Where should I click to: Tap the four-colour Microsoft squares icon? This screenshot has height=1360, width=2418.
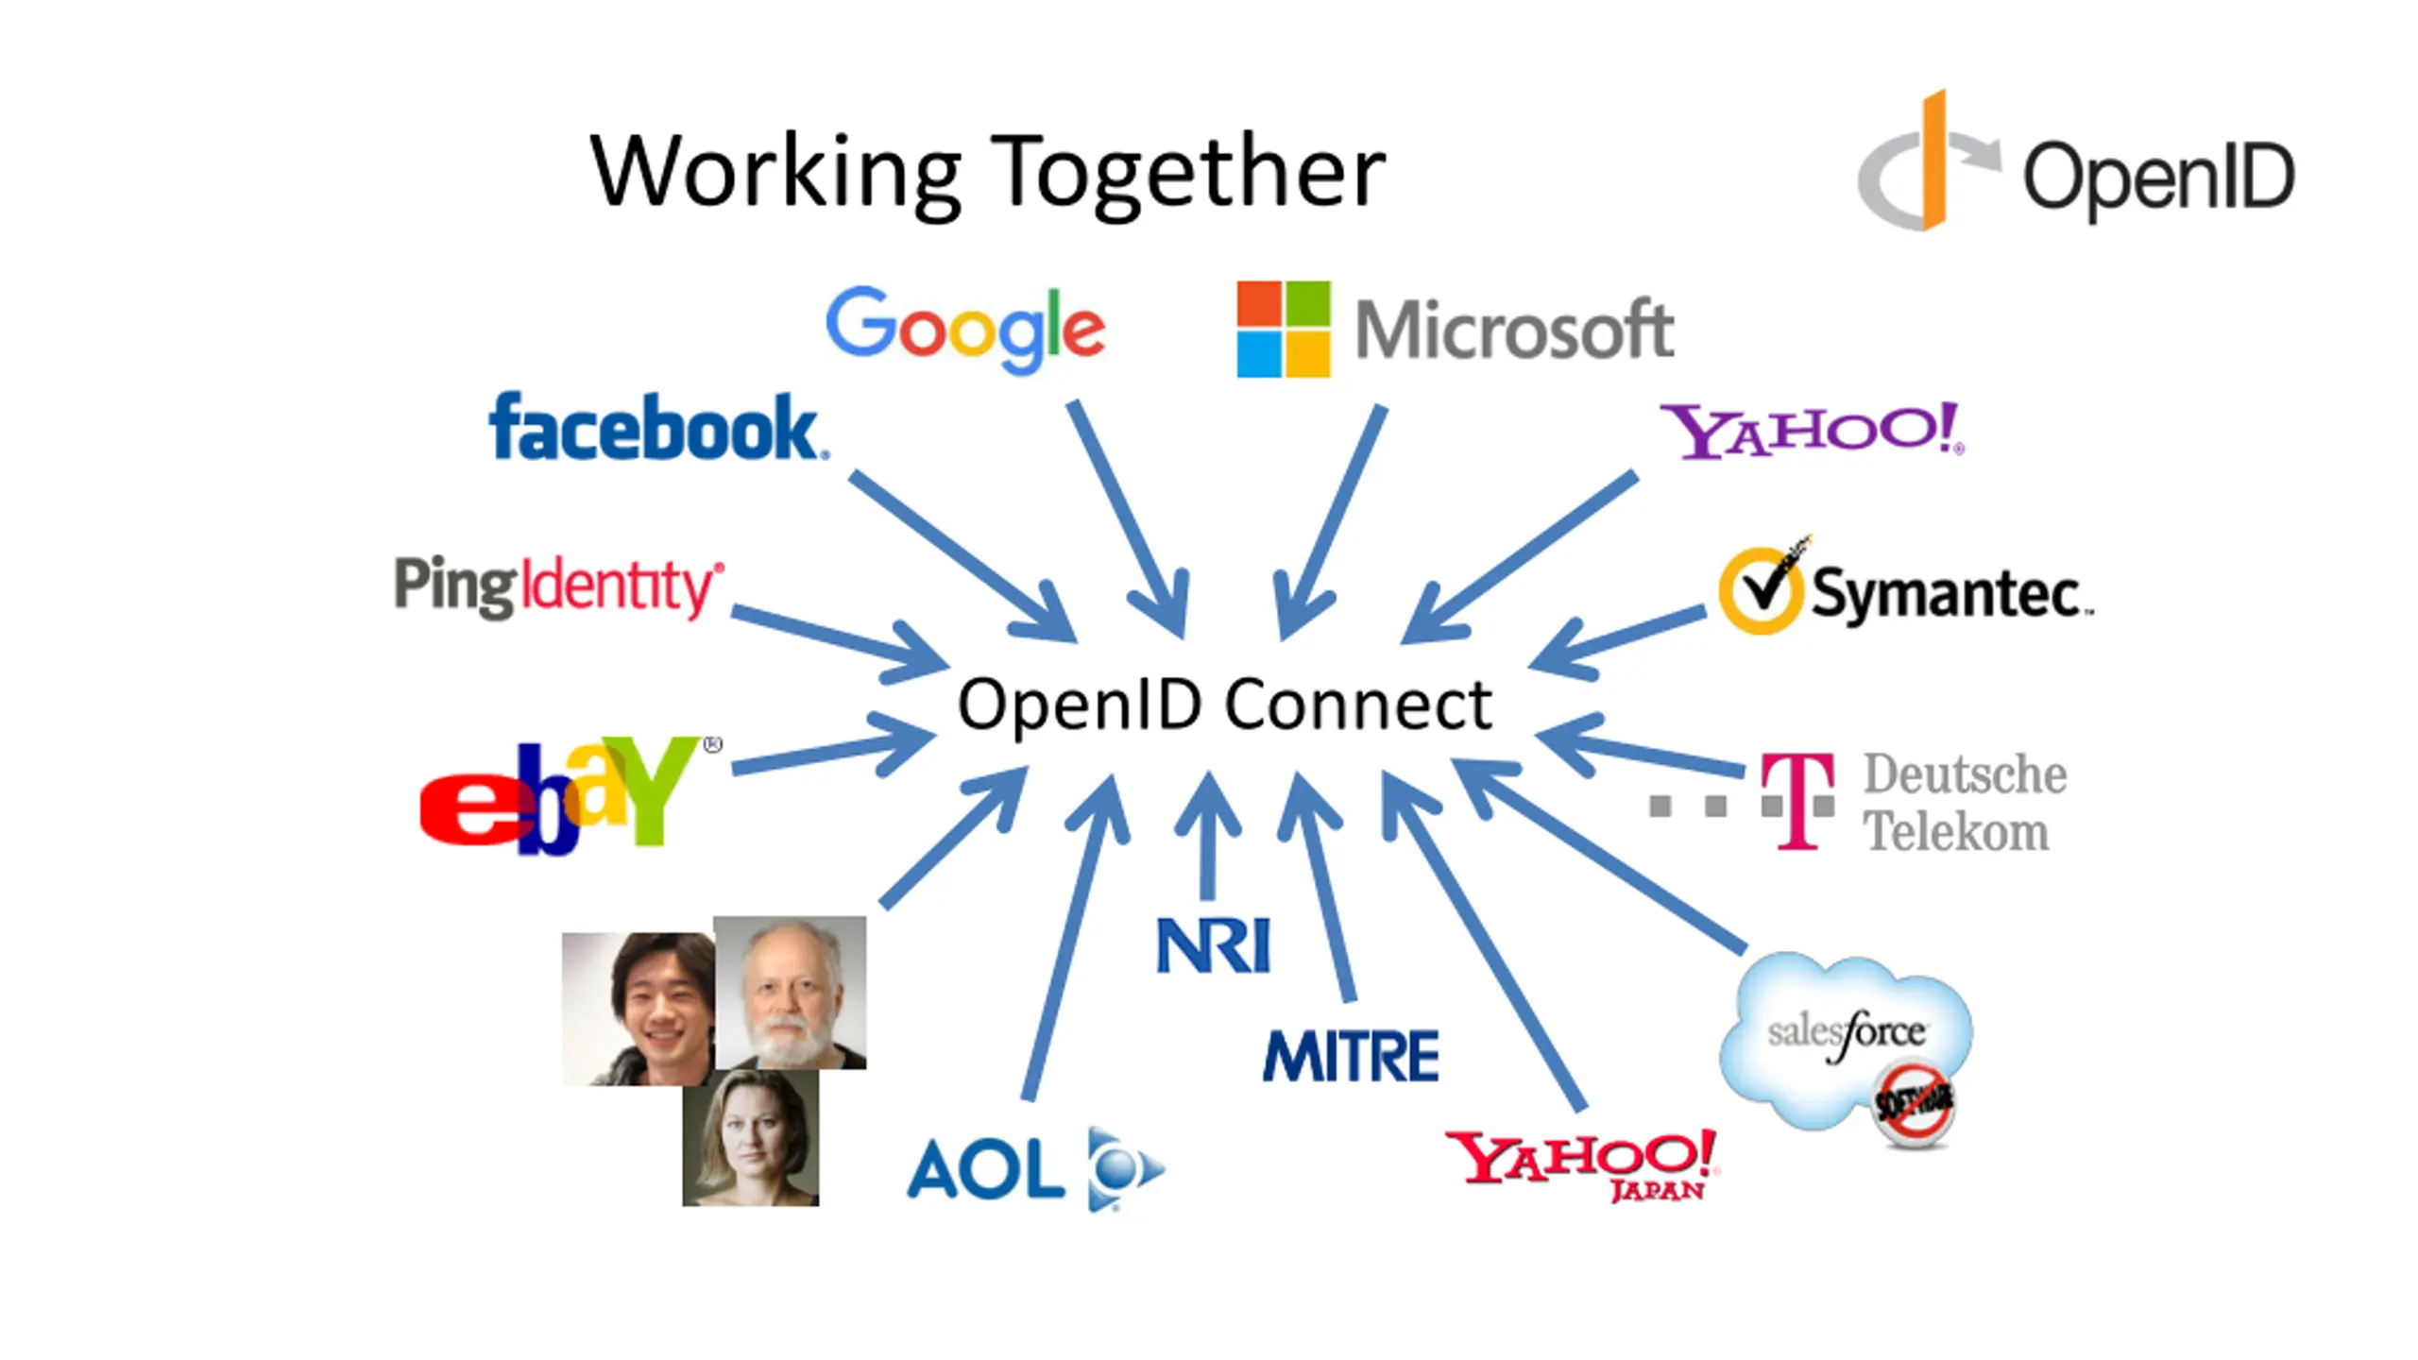pos(1284,329)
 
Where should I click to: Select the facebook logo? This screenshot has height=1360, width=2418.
pos(658,427)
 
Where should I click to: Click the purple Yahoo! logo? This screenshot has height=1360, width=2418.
pos(1812,431)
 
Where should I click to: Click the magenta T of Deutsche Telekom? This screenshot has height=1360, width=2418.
pos(1798,801)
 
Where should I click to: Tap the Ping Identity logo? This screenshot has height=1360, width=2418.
pos(559,586)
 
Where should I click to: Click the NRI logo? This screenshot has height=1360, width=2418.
pos(1214,945)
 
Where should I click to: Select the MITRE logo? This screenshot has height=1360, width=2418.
pos(1351,1055)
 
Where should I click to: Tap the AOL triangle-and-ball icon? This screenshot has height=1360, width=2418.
pos(1126,1168)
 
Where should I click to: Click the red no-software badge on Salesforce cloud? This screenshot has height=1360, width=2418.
pos(1914,1103)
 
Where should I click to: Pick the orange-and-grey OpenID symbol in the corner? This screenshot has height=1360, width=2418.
pos(1929,161)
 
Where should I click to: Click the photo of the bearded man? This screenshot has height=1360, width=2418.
pos(790,992)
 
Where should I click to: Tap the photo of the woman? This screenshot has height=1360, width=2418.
pos(751,1137)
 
